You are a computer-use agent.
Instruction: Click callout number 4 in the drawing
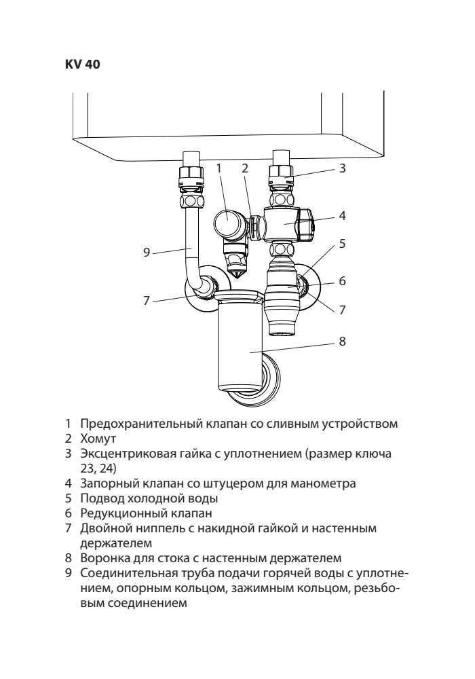pyautogui.click(x=343, y=217)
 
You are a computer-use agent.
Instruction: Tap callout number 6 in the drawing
pyautogui.click(x=343, y=280)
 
